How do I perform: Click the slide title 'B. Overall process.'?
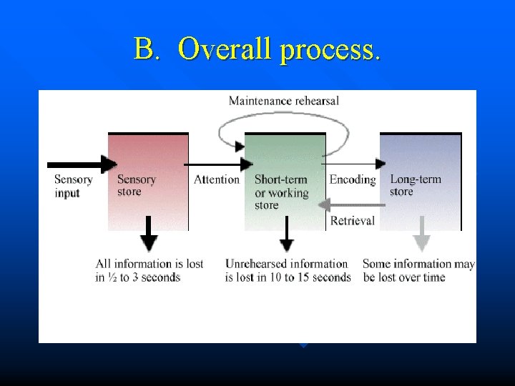click(257, 49)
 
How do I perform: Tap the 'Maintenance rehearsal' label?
click(283, 101)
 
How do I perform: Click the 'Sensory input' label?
click(73, 186)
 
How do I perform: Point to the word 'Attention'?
click(216, 179)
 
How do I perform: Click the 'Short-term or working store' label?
click(281, 192)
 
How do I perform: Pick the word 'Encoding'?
click(353, 179)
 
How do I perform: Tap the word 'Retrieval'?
click(353, 221)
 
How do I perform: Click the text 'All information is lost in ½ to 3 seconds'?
click(149, 270)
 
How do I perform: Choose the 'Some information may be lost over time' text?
click(418, 270)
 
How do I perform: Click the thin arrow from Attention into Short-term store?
click(215, 164)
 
